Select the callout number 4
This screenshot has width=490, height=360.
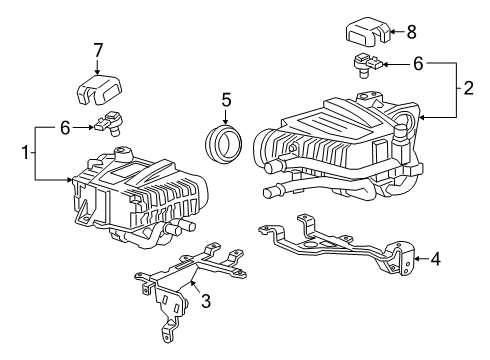point(436,259)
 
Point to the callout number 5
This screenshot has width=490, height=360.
point(227,100)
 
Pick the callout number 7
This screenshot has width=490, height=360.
point(98,50)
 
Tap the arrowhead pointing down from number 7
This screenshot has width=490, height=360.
point(98,72)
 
